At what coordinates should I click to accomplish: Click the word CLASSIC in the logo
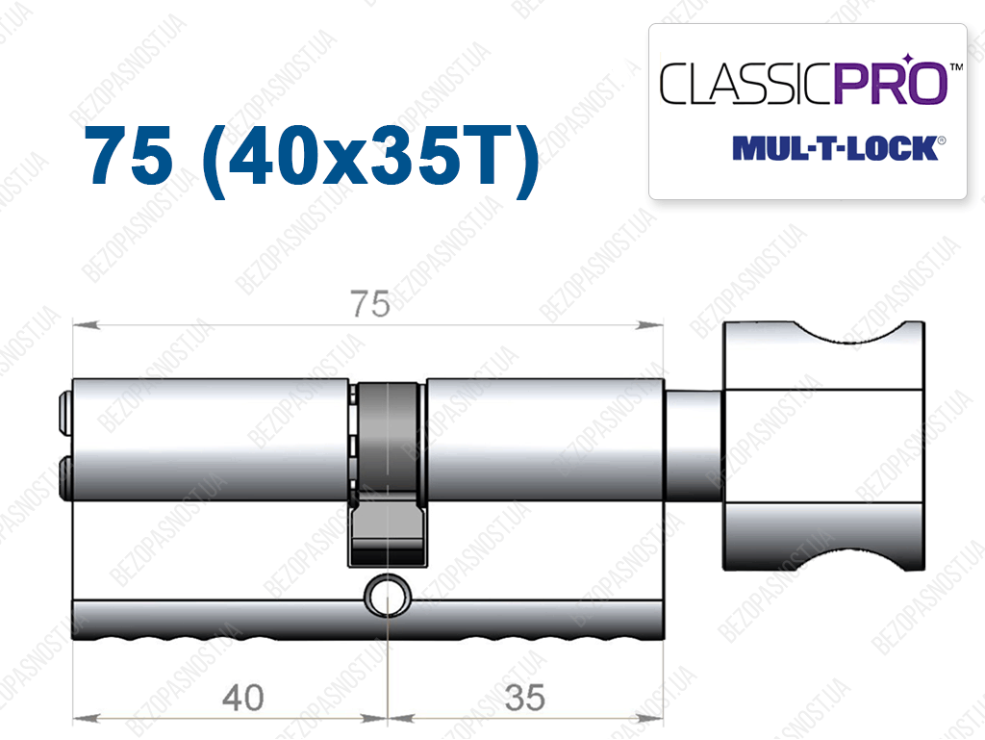[x=745, y=83]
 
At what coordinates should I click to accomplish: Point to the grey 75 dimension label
[x=370, y=304]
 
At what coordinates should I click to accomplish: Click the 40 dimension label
[x=243, y=698]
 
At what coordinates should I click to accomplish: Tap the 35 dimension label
[x=524, y=698]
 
